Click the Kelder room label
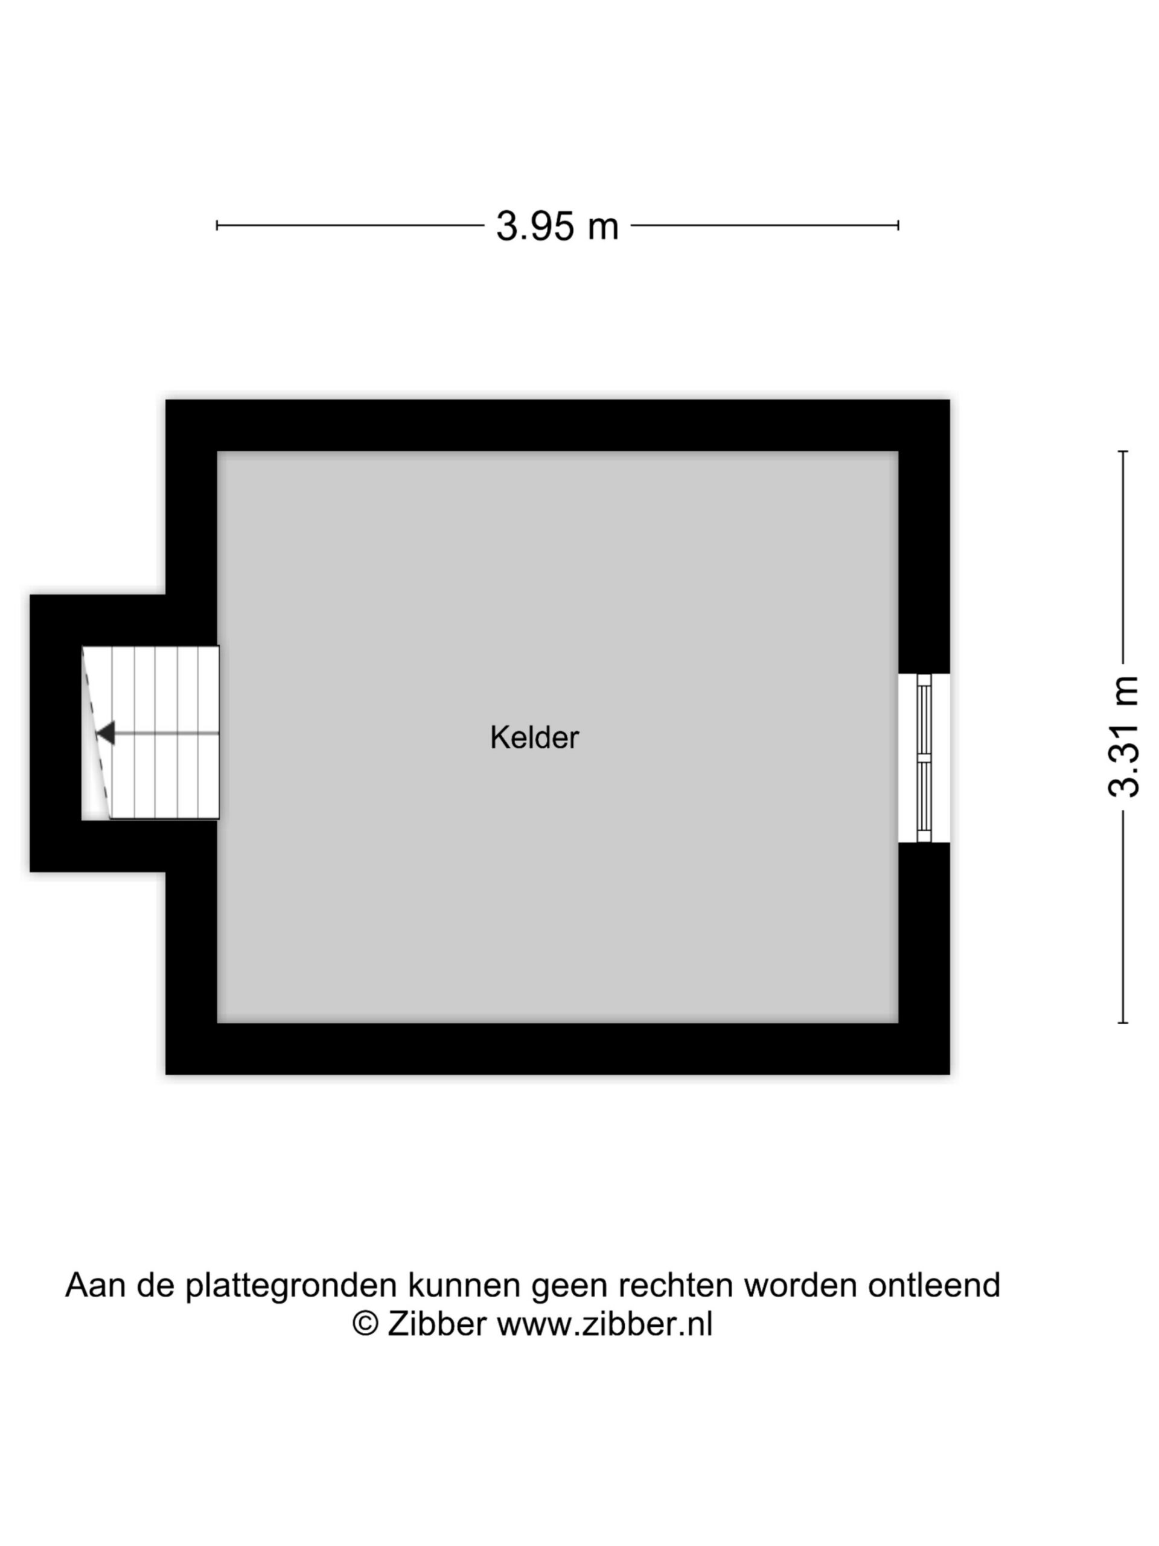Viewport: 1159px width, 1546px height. pyautogui.click(x=534, y=737)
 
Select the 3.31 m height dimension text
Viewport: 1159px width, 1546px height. pyautogui.click(x=1124, y=737)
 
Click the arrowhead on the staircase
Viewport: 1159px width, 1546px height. pyautogui.click(x=106, y=733)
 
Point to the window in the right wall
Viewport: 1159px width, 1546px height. pyautogui.click(x=924, y=758)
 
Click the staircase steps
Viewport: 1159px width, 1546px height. pyautogui.click(x=151, y=733)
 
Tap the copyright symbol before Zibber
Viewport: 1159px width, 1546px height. pyautogui.click(x=365, y=1323)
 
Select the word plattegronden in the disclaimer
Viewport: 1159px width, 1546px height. pyautogui.click(x=292, y=1285)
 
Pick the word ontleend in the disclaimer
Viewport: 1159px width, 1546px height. pyautogui.click(x=934, y=1284)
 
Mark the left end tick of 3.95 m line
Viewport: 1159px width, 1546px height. pyautogui.click(x=217, y=225)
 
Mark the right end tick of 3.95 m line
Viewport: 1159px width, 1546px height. pyautogui.click(x=898, y=225)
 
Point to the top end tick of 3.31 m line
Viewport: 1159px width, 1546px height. pyautogui.click(x=1123, y=452)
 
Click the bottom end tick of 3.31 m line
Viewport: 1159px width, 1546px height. pyautogui.click(x=1123, y=1023)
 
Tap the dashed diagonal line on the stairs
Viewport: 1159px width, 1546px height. pyautogui.click(x=97, y=733)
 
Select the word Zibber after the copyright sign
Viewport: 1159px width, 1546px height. pyautogui.click(x=436, y=1323)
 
